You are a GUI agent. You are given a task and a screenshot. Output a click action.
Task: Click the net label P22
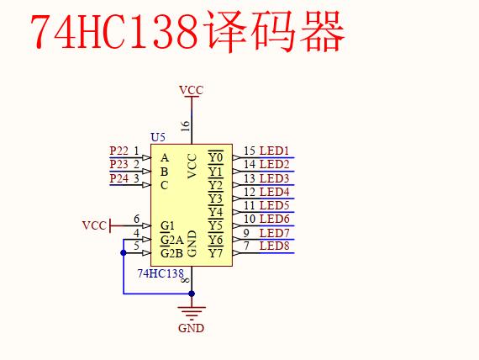(118, 151)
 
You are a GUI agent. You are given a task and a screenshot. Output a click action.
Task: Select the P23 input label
(118, 164)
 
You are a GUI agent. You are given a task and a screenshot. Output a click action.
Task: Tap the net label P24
(118, 177)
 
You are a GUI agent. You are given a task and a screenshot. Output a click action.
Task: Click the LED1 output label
(274, 151)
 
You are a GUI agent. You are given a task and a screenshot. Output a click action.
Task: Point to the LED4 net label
(274, 192)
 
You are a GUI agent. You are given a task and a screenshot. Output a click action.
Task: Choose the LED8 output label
(274, 246)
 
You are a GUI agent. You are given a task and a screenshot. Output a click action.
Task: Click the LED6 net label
(274, 219)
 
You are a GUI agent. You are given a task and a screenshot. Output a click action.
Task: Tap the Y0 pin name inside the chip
(215, 157)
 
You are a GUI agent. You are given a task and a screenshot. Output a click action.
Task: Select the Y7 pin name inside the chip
(215, 252)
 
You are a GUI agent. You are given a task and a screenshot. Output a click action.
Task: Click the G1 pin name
(167, 225)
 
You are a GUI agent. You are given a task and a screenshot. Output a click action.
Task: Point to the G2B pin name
(171, 252)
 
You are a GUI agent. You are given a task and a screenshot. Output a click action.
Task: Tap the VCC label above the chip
(191, 90)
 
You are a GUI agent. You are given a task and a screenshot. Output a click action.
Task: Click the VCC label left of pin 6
(94, 225)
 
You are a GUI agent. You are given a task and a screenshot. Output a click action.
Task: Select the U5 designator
(157, 137)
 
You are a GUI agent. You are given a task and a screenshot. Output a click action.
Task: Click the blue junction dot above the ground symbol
(192, 294)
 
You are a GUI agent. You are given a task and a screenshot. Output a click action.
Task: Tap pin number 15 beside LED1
(250, 151)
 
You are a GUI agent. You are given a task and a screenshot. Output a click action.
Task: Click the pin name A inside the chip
(165, 157)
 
